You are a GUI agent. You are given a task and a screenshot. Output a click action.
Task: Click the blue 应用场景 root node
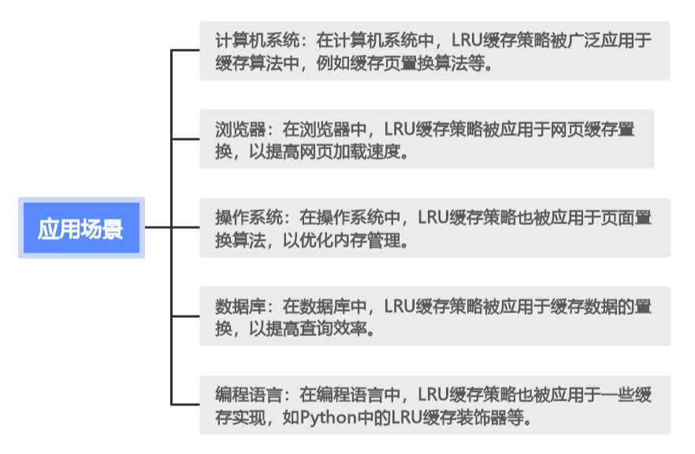point(81,228)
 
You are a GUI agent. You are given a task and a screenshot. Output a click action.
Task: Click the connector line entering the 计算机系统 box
point(185,50)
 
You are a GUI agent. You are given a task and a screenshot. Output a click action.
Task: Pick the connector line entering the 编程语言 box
point(185,404)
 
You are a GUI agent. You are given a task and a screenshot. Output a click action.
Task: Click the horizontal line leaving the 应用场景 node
point(158,228)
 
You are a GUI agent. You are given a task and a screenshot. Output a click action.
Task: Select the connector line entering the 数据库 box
point(185,316)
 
